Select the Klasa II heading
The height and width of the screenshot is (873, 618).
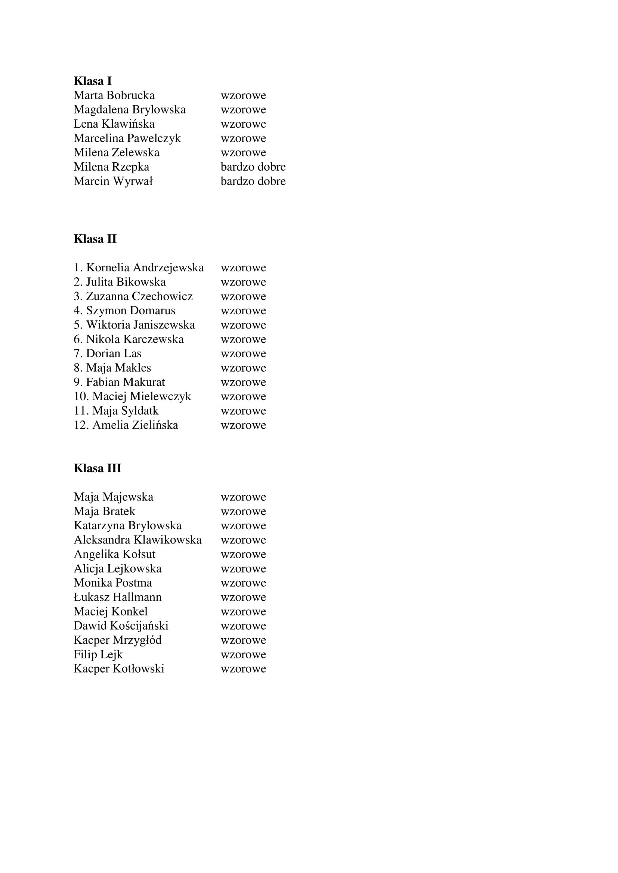95,239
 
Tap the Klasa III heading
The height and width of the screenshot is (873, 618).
98,468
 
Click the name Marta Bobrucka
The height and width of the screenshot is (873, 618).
114,95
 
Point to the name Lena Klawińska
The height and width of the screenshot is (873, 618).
114,124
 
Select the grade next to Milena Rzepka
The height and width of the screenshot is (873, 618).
253,167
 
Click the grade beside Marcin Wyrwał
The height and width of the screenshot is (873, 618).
253,181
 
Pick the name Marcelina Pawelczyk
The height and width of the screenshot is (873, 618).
127,138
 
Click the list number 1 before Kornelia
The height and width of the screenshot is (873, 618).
78,268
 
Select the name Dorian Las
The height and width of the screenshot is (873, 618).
114,353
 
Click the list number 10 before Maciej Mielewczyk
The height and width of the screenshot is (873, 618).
81,397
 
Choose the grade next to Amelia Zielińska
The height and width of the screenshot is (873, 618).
243,425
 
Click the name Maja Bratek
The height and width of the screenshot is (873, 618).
104,511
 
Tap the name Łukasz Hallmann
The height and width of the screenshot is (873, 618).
118,597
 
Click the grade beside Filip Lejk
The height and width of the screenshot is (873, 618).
243,655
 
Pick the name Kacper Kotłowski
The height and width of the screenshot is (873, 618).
119,669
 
